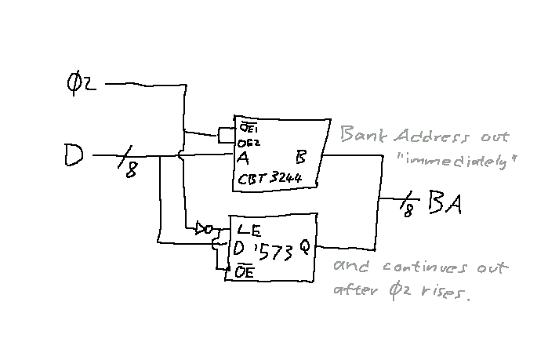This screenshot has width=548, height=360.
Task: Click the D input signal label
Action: coord(74,158)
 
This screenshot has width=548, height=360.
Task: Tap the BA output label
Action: coord(445,205)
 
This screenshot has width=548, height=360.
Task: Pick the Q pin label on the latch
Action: coord(304,249)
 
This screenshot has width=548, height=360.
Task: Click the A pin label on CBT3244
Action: coord(244,156)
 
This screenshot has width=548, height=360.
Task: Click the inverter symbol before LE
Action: coord(205,229)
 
